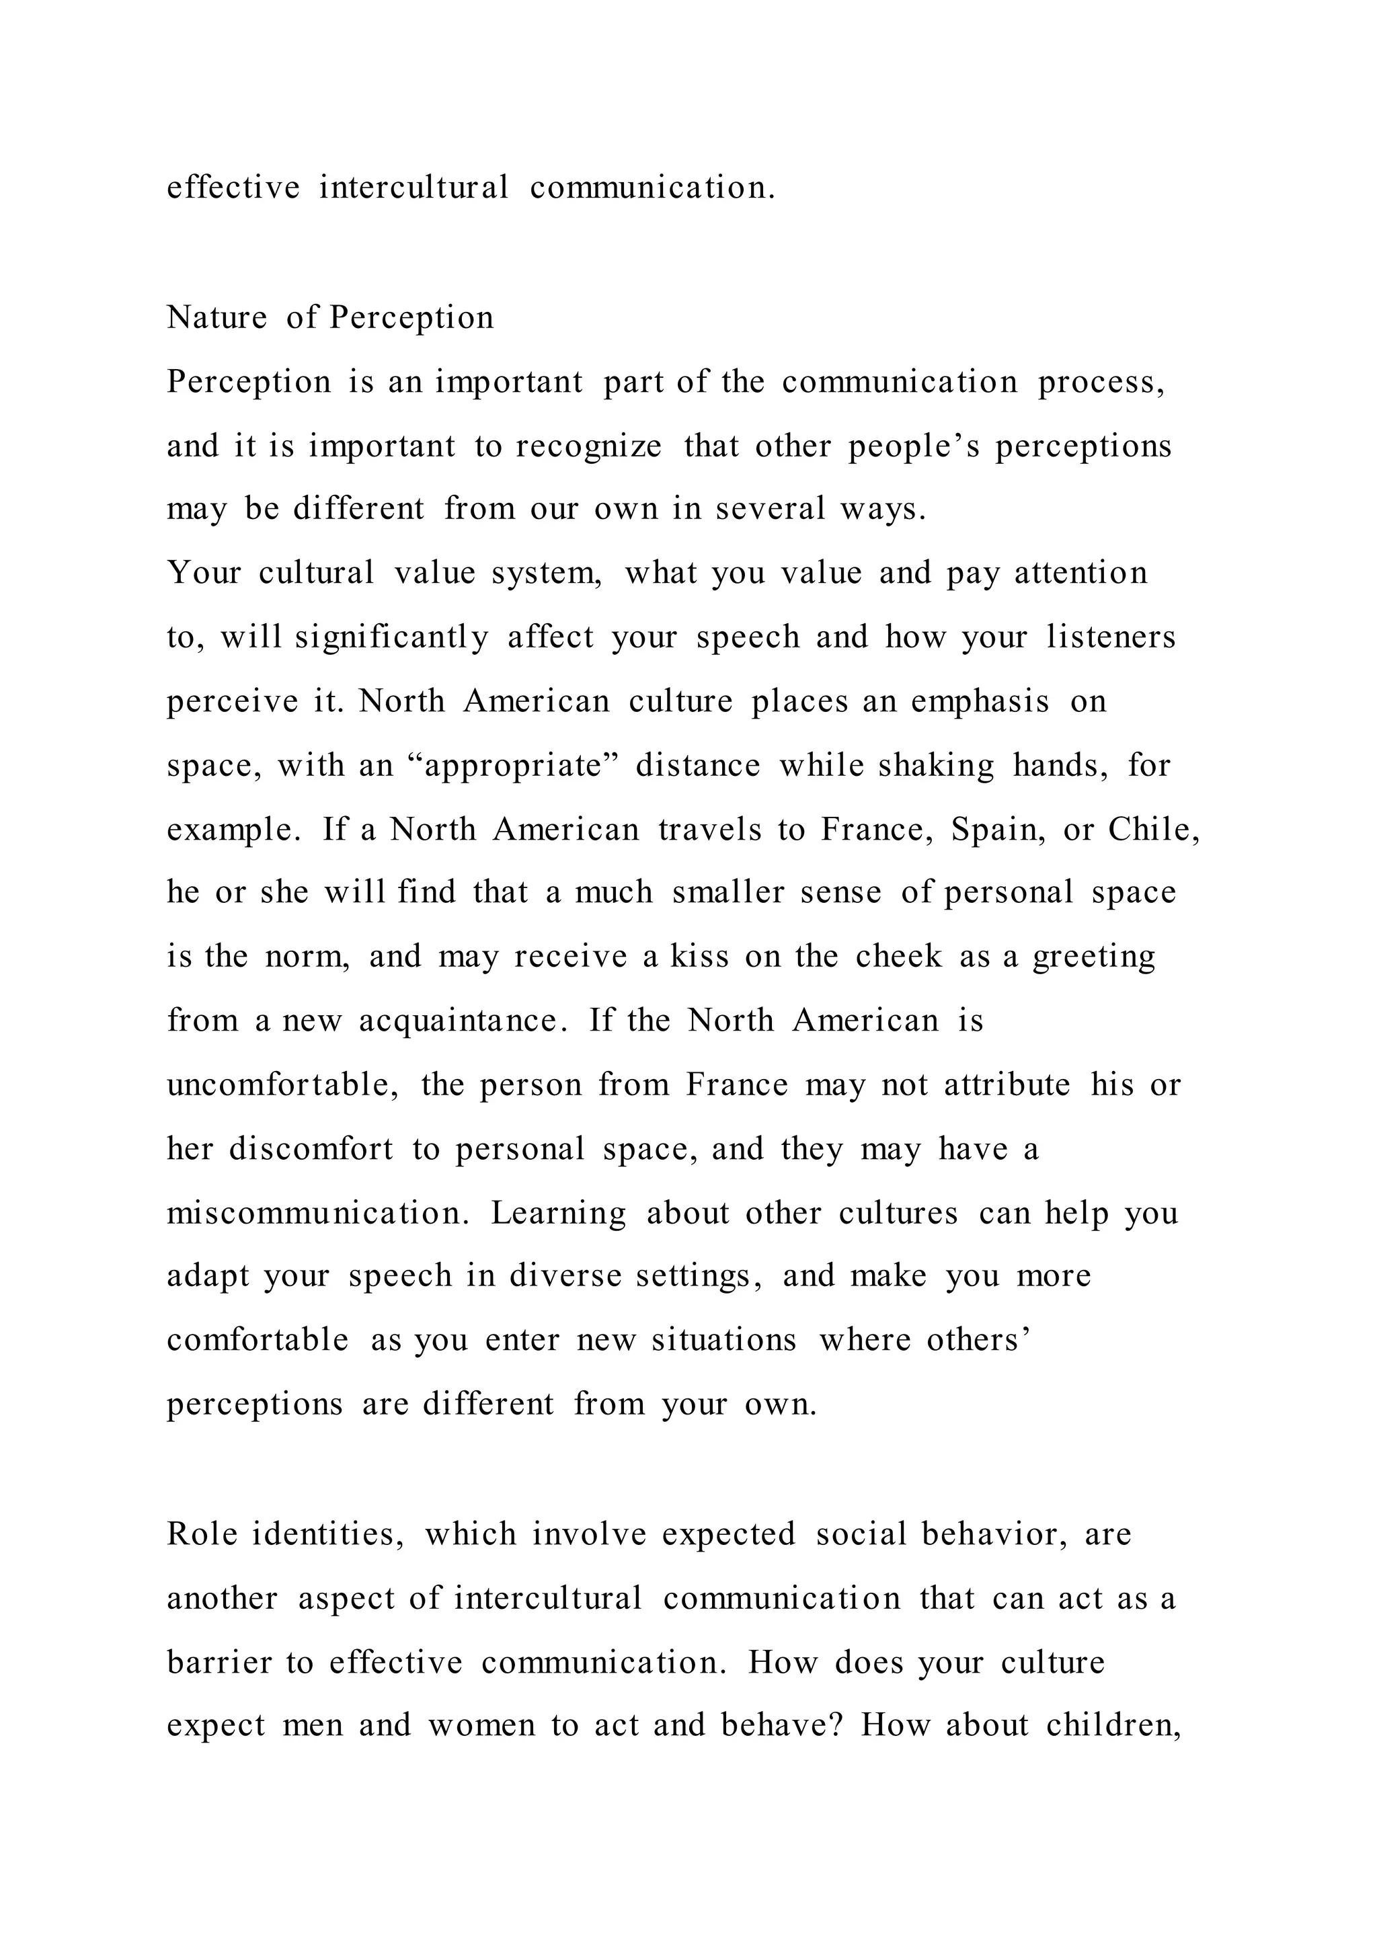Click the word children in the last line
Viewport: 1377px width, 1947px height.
tap(1111, 1726)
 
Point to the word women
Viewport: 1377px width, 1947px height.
tap(481, 1726)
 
